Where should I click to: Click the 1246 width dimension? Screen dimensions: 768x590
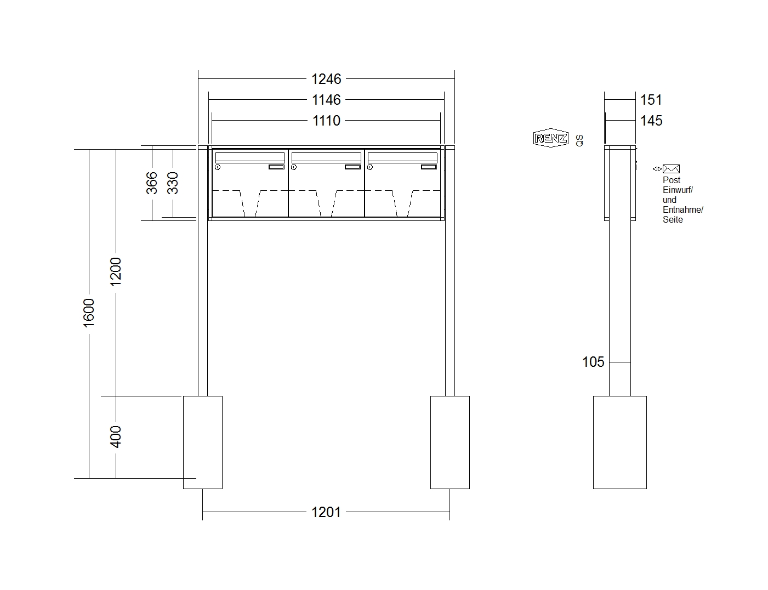[326, 79]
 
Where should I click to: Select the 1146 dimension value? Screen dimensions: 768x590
[326, 100]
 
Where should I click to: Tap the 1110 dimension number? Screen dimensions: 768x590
[326, 121]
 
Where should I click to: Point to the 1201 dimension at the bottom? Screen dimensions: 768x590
[326, 512]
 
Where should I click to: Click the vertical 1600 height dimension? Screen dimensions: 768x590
[89, 313]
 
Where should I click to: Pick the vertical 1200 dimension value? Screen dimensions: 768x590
[116, 272]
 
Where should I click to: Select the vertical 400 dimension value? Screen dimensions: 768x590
[116, 437]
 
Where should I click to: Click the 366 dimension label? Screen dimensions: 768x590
[152, 183]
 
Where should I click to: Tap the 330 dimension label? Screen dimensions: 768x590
[173, 183]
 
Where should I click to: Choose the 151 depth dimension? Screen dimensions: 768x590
[651, 100]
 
